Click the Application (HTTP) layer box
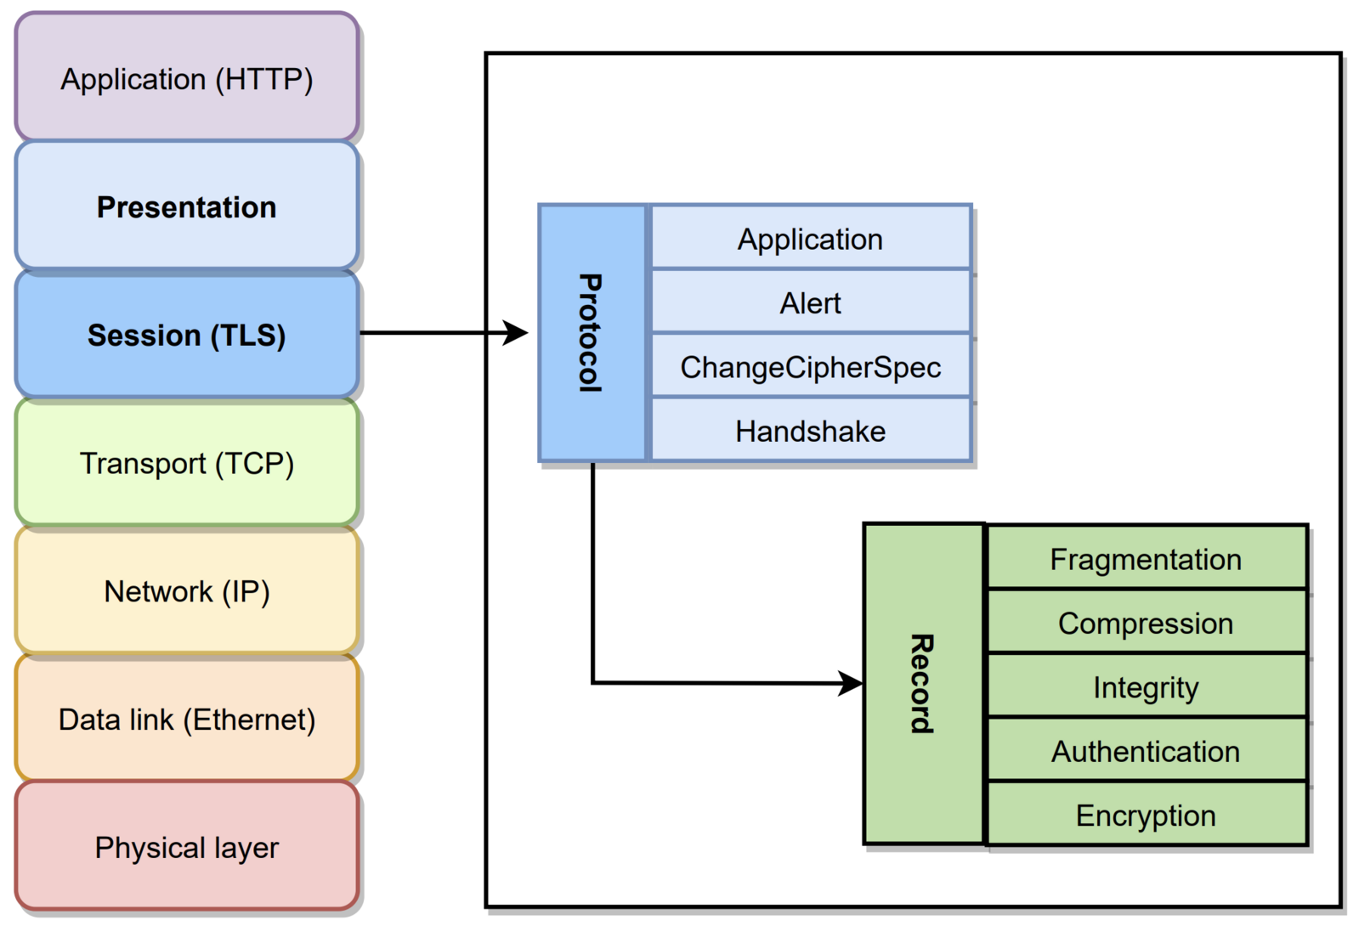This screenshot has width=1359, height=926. click(x=187, y=78)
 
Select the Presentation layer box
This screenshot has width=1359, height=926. click(x=187, y=206)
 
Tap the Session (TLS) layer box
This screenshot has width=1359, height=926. click(x=187, y=335)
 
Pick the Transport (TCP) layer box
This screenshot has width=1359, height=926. click(x=187, y=463)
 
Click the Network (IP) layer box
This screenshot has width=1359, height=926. click(x=187, y=591)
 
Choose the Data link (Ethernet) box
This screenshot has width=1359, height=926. click(x=187, y=720)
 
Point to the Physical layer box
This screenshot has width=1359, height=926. click(x=187, y=847)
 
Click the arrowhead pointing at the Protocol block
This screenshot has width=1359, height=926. click(x=516, y=333)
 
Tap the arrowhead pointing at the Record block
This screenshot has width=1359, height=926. click(x=851, y=683)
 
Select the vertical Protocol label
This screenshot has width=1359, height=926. click(x=591, y=333)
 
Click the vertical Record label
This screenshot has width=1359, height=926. click(x=923, y=683)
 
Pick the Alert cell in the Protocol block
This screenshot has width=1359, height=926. click(x=810, y=302)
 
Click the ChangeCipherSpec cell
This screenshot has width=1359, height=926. click(x=810, y=367)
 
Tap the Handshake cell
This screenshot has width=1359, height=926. click(x=810, y=431)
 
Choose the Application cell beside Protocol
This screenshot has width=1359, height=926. click(x=810, y=239)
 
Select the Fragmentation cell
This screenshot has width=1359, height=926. click(x=1146, y=559)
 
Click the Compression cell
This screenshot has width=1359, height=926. click(x=1146, y=623)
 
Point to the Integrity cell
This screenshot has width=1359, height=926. click(x=1146, y=686)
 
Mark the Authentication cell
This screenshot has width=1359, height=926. click(x=1146, y=751)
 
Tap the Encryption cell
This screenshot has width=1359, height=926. click(x=1146, y=815)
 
